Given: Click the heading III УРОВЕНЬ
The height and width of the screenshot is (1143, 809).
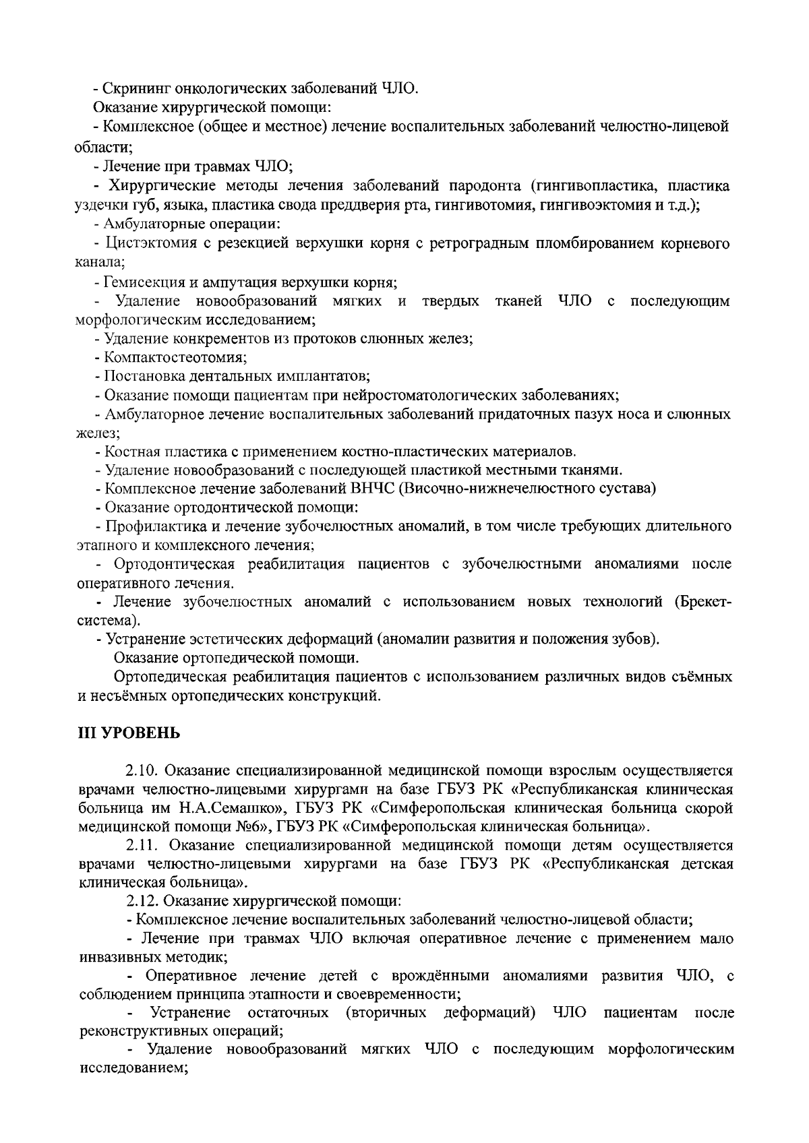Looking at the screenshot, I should [x=129, y=733].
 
